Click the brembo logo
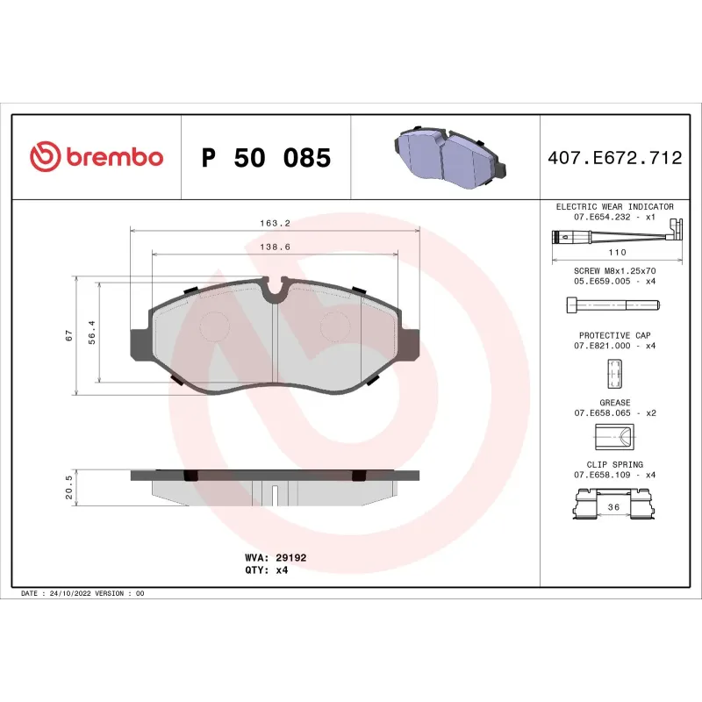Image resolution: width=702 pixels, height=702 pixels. coord(97,157)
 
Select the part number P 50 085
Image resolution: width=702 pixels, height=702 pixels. coord(266,158)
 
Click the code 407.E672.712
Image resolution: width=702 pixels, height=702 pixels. coord(614,158)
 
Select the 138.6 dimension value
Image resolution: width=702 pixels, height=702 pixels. coord(275,247)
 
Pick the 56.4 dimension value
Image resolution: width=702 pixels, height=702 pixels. coord(91,333)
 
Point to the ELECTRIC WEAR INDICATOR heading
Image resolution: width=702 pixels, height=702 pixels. coord(614,206)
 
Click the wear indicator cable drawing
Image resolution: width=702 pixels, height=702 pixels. coord(614,236)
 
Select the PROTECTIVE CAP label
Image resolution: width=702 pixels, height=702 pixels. coord(614,335)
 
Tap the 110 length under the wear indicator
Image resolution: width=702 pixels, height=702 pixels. coord(614,251)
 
